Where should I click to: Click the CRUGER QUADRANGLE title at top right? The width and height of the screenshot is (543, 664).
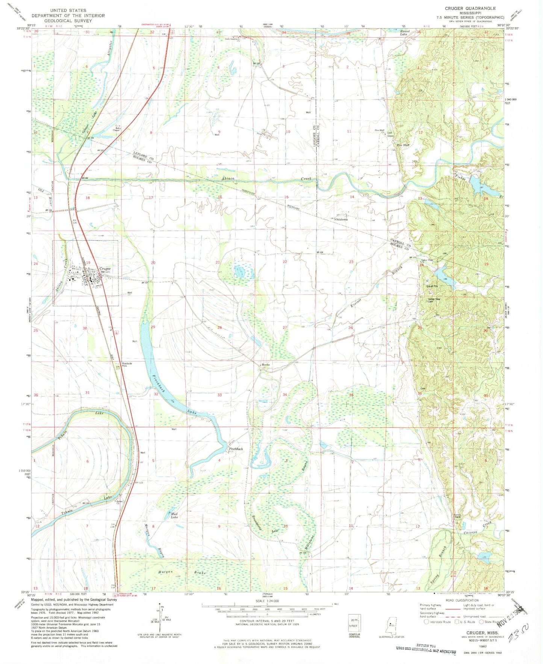[470, 8]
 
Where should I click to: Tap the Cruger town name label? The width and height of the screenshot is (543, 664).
[105, 269]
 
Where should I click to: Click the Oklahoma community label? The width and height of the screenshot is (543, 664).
[341, 219]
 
